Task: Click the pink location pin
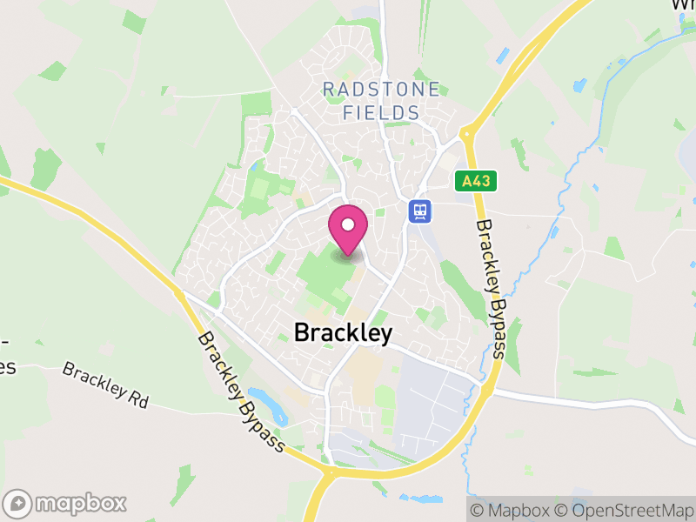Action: click(x=348, y=231)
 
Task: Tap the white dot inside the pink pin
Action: click(x=348, y=225)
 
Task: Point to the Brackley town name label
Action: click(x=343, y=332)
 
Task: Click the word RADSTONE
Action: click(x=381, y=90)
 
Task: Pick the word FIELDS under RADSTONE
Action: click(x=381, y=113)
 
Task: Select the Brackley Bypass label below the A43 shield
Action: click(x=489, y=287)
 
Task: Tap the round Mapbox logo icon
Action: click(x=18, y=503)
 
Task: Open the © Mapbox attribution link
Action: click(x=511, y=511)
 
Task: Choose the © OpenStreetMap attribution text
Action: click(x=624, y=511)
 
